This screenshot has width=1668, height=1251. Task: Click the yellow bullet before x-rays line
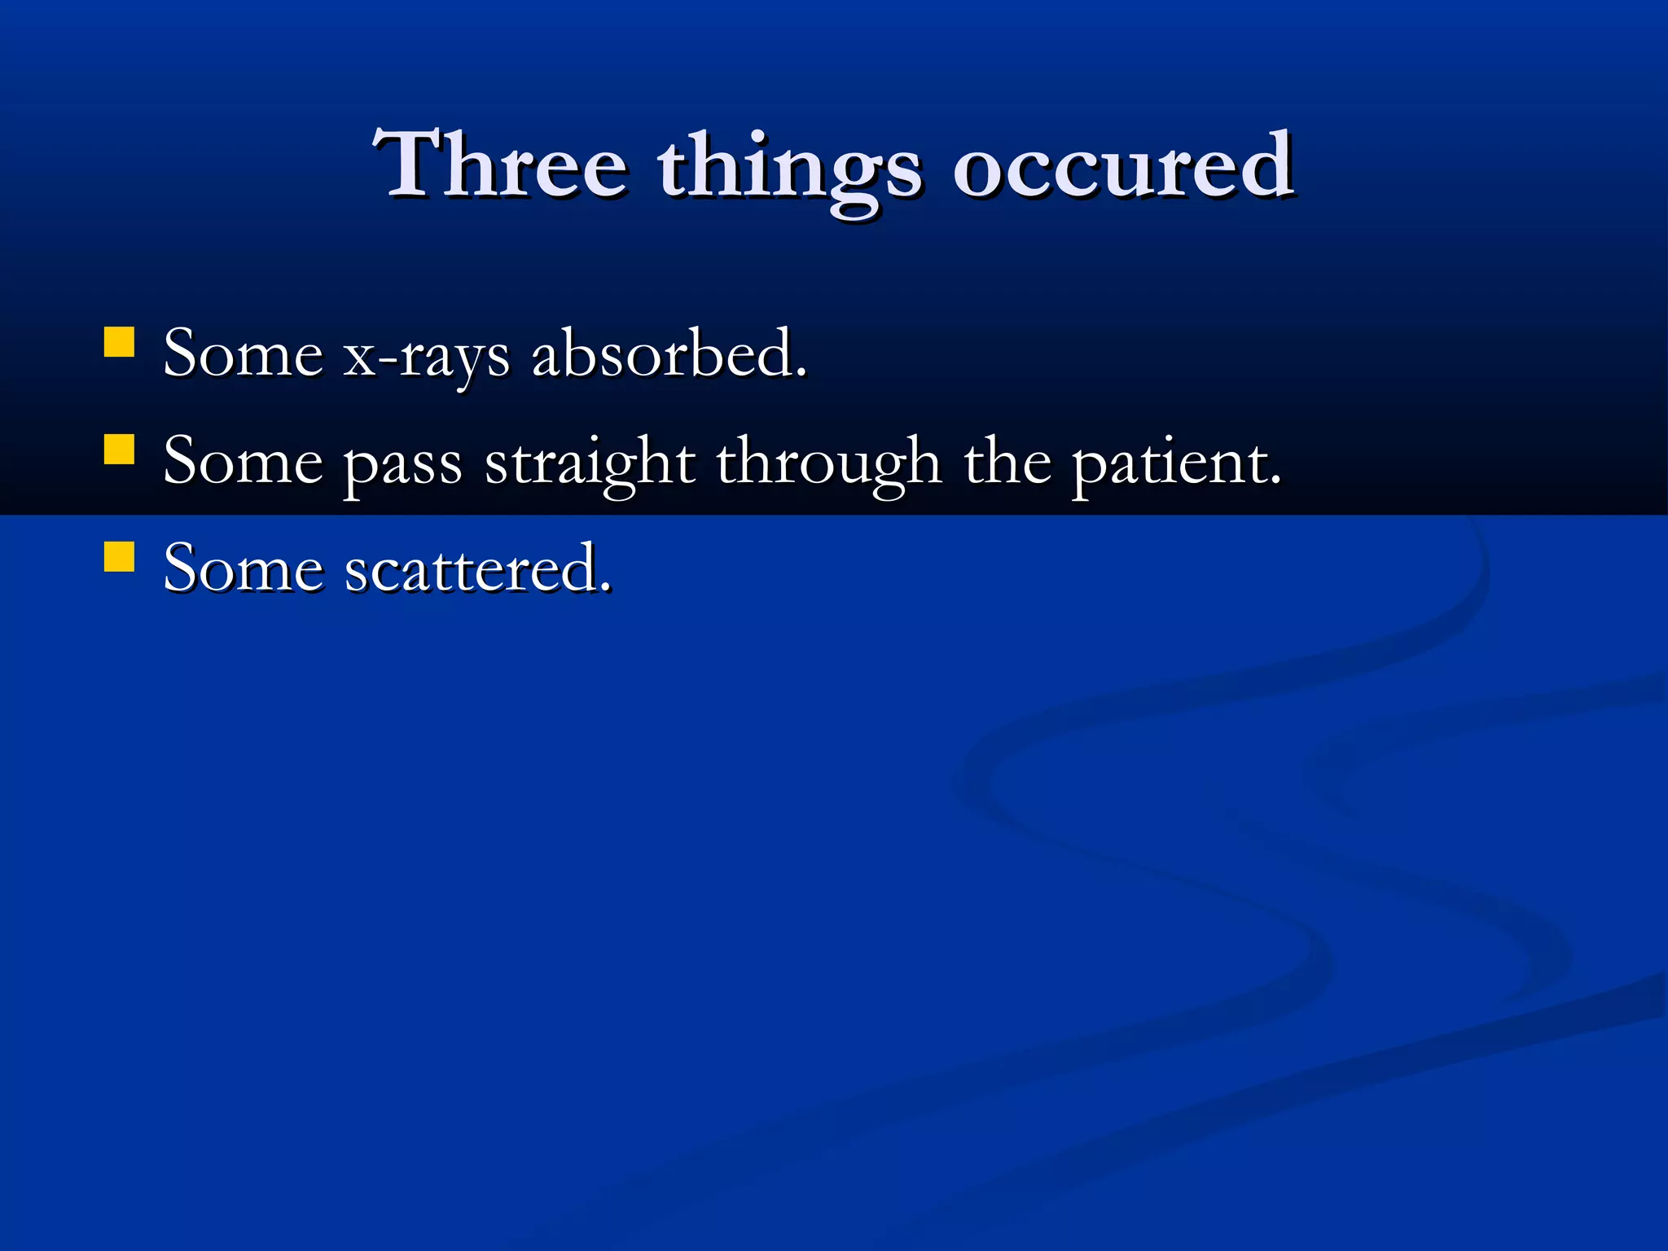tap(120, 342)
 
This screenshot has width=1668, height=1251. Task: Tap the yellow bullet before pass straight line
tap(120, 449)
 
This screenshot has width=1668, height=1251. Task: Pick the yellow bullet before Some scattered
tap(120, 557)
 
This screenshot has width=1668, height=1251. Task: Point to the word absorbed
tap(663, 354)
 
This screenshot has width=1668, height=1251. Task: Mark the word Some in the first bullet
tap(243, 354)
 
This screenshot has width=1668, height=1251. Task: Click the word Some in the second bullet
tap(243, 462)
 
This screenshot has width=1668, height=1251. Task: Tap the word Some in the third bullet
tap(243, 569)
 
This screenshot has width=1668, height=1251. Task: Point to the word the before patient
tap(1007, 462)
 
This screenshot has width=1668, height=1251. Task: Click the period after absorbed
tap(801, 375)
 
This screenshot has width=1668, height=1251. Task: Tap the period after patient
tap(1275, 482)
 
